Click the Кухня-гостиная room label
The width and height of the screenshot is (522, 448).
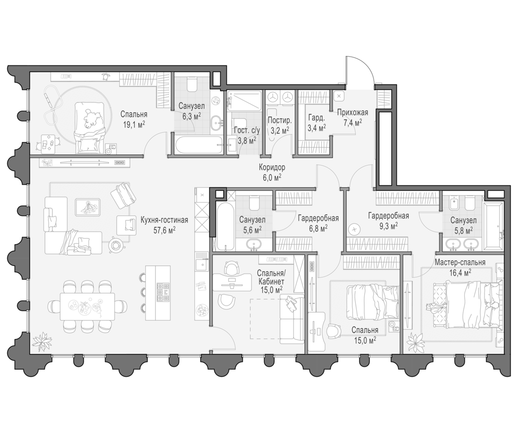164,220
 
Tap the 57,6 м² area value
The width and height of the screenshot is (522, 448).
165,230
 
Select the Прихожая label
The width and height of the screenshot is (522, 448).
353,112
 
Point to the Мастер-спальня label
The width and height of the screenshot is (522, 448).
460,262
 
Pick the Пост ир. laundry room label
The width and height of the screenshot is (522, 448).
280,120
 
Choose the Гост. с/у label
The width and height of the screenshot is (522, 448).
247,130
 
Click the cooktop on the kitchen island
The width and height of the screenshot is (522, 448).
163,292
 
